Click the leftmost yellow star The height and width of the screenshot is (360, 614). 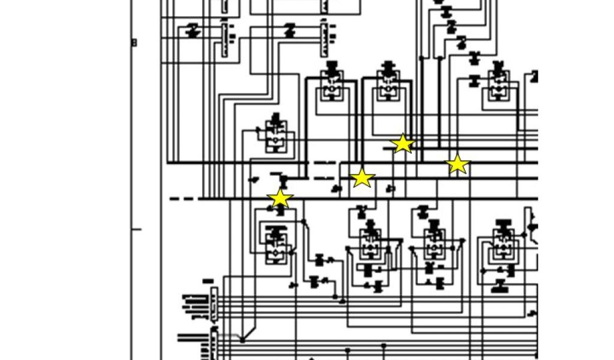click(280, 199)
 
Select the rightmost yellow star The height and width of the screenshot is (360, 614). click(458, 164)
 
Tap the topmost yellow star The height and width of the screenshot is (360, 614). click(402, 143)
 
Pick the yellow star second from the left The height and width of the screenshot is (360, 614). click(362, 178)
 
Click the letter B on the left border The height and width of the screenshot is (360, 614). click(134, 43)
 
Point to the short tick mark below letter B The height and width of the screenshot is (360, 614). click(136, 229)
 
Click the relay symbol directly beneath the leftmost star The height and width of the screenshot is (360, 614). click(276, 243)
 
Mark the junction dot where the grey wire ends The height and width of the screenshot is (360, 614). click(242, 340)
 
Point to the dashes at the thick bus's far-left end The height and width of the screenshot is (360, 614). click(183, 199)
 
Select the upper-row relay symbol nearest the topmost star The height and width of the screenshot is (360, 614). click(389, 85)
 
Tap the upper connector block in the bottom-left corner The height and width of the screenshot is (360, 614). click(213, 303)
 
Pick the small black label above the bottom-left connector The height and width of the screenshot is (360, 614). click(208, 281)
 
